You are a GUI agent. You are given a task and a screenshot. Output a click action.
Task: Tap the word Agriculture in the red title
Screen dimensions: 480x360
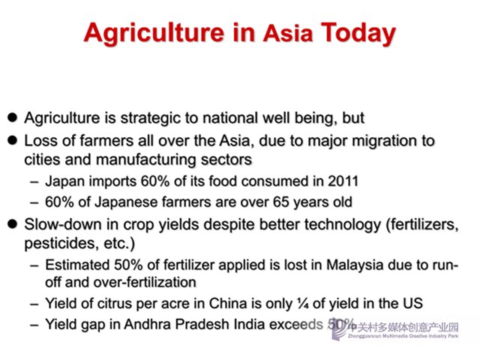[x=154, y=33]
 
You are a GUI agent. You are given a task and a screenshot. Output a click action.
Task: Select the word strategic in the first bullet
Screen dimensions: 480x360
[x=150, y=118]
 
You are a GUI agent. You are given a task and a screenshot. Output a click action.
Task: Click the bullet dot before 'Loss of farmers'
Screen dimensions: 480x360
[x=12, y=140]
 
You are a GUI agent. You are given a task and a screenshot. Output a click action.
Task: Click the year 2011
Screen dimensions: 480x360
[x=343, y=181]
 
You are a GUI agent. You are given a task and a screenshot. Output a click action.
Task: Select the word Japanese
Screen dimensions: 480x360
[x=126, y=202]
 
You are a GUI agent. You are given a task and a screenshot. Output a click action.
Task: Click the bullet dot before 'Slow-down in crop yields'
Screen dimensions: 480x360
[x=12, y=223]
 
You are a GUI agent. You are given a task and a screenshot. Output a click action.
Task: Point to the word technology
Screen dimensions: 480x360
[x=343, y=225]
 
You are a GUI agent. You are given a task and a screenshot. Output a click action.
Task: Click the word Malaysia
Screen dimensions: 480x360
[x=355, y=265]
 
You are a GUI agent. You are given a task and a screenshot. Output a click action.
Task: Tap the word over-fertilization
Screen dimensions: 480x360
[x=145, y=282]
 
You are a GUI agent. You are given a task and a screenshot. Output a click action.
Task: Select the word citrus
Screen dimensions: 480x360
[x=115, y=304]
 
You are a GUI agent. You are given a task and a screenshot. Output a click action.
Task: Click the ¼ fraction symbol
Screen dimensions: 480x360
[x=304, y=304]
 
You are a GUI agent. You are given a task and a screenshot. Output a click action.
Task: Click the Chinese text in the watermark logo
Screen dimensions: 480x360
[x=403, y=328]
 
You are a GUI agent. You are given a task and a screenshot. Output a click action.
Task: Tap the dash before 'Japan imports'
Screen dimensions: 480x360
[x=34, y=181]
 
